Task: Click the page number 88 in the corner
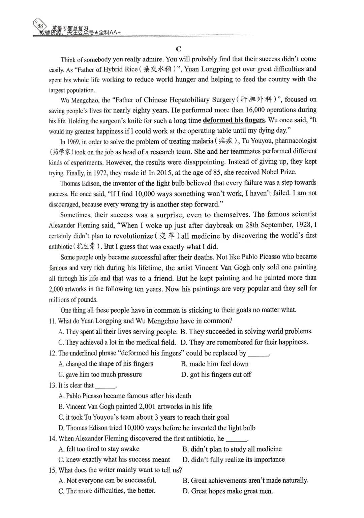tap(40, 26)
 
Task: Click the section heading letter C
tap(179, 49)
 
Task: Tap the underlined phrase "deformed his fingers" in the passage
tap(234, 120)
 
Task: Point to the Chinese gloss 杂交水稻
tap(157, 69)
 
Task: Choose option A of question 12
tap(106, 364)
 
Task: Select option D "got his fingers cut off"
tap(216, 375)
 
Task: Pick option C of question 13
tap(144, 417)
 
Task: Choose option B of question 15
tap(245, 481)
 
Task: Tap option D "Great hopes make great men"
tap(228, 491)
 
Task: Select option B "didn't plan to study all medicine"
tap(232, 449)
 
